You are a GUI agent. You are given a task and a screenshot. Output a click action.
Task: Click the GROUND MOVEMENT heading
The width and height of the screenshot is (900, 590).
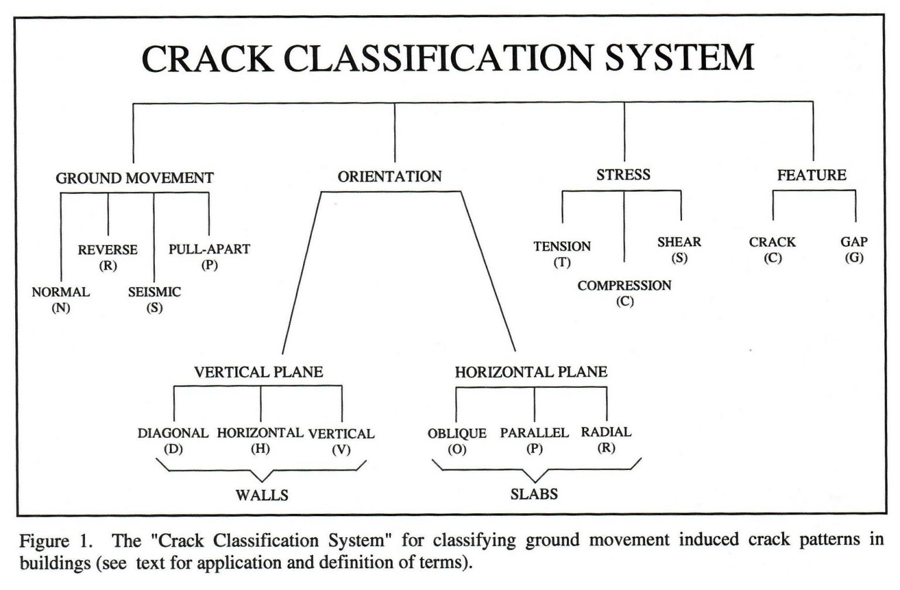coord(134,178)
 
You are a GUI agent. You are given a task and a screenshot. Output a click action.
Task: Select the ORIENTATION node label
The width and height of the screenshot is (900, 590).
coord(389,176)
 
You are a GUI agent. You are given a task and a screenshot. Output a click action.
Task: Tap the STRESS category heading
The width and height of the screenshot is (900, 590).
coord(623,175)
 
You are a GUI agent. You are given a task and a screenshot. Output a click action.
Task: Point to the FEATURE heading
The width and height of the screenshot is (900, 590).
coord(812,175)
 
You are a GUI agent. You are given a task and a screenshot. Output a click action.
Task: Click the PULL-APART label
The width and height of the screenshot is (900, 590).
coord(209,249)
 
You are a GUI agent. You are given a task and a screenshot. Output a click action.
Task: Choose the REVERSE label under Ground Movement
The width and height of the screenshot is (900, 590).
coord(107,250)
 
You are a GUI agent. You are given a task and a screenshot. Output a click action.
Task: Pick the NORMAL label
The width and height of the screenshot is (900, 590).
coord(60,292)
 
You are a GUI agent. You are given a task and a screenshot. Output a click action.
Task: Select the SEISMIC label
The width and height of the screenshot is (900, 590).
coord(154,292)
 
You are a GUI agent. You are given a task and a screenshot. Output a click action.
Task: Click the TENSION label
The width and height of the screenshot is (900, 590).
coord(562,247)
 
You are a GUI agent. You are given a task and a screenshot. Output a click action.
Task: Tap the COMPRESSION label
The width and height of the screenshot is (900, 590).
coord(624,286)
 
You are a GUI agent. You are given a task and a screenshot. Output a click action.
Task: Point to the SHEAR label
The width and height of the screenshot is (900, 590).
coord(679,242)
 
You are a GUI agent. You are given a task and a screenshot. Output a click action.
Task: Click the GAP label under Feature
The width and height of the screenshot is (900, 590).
coord(854,242)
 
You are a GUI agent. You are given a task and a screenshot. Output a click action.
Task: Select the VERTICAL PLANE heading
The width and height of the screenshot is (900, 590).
coord(258,372)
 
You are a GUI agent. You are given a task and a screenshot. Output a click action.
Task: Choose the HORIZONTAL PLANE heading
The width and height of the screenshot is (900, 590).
coord(531,372)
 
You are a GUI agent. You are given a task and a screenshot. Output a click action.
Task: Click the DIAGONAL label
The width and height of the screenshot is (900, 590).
coord(173,434)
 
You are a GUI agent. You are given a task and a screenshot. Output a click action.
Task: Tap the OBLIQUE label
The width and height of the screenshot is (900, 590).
coord(456,434)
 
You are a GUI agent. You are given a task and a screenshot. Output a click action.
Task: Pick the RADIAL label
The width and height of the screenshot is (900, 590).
coord(606,432)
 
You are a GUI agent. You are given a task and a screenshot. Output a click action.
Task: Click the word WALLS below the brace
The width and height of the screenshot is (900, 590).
coord(262,496)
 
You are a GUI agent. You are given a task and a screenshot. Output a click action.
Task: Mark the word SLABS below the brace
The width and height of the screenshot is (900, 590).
coord(534,494)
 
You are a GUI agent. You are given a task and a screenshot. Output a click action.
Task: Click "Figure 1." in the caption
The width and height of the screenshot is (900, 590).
coord(56,540)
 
